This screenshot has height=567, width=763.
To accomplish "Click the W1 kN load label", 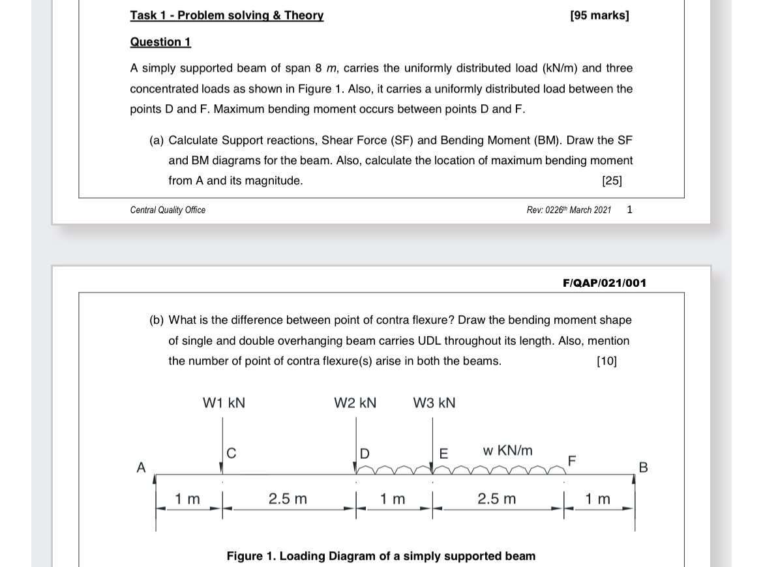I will (x=224, y=403).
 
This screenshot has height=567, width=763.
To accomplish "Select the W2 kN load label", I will (x=355, y=403).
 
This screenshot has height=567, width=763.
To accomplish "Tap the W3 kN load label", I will (x=434, y=403).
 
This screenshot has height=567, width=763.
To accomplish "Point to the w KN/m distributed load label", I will (x=507, y=450).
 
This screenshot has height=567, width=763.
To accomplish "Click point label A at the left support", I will (x=140, y=467).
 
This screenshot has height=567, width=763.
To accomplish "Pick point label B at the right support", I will (x=644, y=467).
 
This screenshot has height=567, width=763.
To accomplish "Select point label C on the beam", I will (x=232, y=453).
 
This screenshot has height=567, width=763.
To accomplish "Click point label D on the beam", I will (x=365, y=453).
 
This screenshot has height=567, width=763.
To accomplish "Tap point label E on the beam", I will (x=444, y=453).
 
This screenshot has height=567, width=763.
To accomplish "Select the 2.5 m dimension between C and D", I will (x=288, y=499).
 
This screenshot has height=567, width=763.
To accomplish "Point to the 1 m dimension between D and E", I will (x=393, y=499).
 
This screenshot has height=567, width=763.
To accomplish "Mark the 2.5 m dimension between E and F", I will (x=496, y=499).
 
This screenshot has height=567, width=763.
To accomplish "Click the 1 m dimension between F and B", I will (x=598, y=499).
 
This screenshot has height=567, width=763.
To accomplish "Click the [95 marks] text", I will (x=599, y=15).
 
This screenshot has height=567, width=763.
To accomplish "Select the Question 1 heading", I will (x=160, y=42).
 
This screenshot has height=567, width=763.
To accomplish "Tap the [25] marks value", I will (x=612, y=181).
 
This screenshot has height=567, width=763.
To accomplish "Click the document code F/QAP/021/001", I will (x=605, y=283).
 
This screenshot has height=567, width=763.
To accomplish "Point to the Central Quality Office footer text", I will (x=168, y=210).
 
